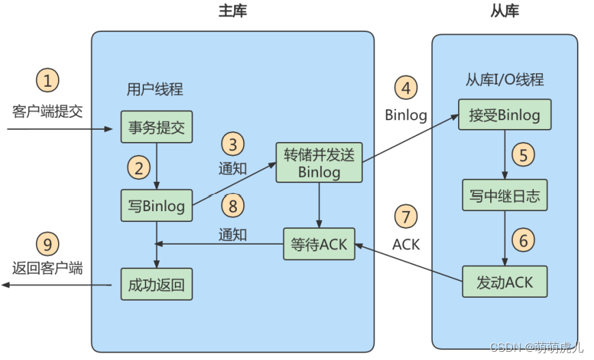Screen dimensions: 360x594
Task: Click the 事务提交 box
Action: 156,126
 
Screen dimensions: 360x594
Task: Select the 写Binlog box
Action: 156,205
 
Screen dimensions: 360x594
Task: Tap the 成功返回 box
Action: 156,283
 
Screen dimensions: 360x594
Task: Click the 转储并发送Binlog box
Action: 319,163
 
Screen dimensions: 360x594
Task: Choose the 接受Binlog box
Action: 505,114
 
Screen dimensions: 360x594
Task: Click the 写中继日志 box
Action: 505,196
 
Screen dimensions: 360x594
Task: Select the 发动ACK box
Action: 505,281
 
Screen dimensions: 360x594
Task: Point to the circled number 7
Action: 406,217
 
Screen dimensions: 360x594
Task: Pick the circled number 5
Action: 524,155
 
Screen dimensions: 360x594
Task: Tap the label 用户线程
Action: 155,89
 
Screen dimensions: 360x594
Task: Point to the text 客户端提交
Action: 47,111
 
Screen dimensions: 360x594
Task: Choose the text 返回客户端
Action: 47,268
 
